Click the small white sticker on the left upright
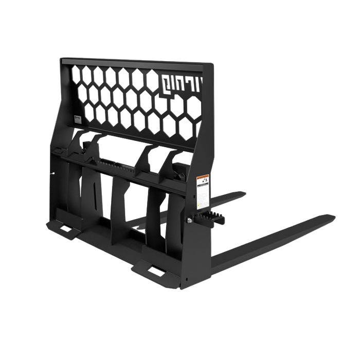pos(76,119)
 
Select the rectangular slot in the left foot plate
pos(66,228)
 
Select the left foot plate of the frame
pos(64,230)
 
